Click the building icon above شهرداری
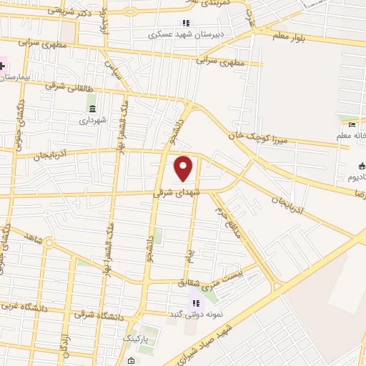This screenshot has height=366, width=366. coord(92,109)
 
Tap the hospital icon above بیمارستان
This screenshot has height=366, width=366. coord(2,66)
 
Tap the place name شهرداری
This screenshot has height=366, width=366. coord(93,120)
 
